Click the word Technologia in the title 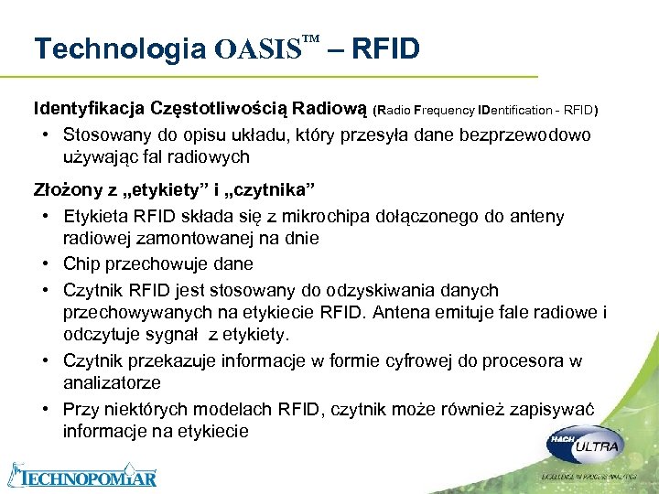(x=119, y=48)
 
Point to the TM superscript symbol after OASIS (x=310, y=39)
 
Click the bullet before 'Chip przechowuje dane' (x=45, y=264)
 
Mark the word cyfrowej (x=398, y=360)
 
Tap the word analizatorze (x=112, y=382)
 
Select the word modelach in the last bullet (x=245, y=408)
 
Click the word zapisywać (x=556, y=408)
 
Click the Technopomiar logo (x=82, y=475)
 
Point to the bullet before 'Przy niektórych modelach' (x=45, y=408)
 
